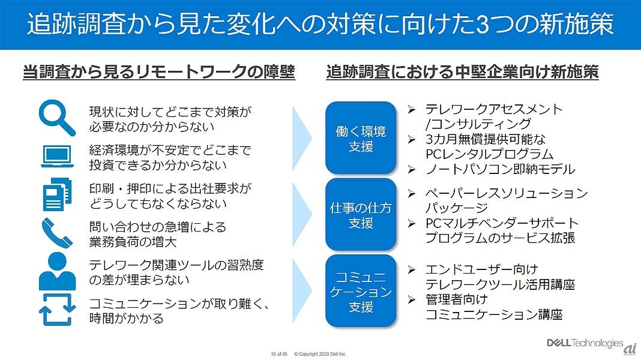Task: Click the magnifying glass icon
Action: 57,118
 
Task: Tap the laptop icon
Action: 57,156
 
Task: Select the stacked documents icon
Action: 57,195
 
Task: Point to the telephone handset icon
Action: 57,233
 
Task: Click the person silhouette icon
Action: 57,271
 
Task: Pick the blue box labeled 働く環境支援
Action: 361,139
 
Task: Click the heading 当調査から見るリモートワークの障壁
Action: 158,73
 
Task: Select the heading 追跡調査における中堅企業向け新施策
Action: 462,73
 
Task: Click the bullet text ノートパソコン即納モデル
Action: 499,169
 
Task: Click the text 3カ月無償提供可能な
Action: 485,139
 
